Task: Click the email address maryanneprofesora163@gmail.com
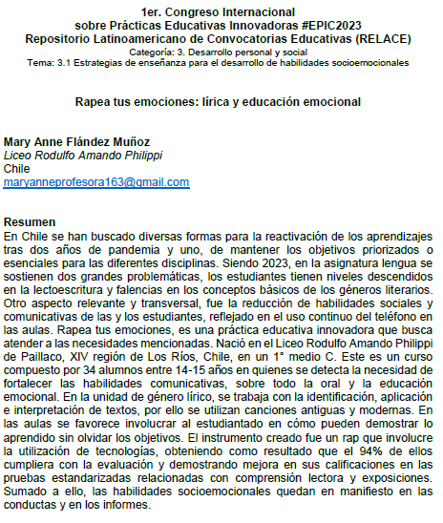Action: tap(84, 180)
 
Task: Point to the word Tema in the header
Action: tap(49, 61)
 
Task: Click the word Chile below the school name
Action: tap(19, 168)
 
